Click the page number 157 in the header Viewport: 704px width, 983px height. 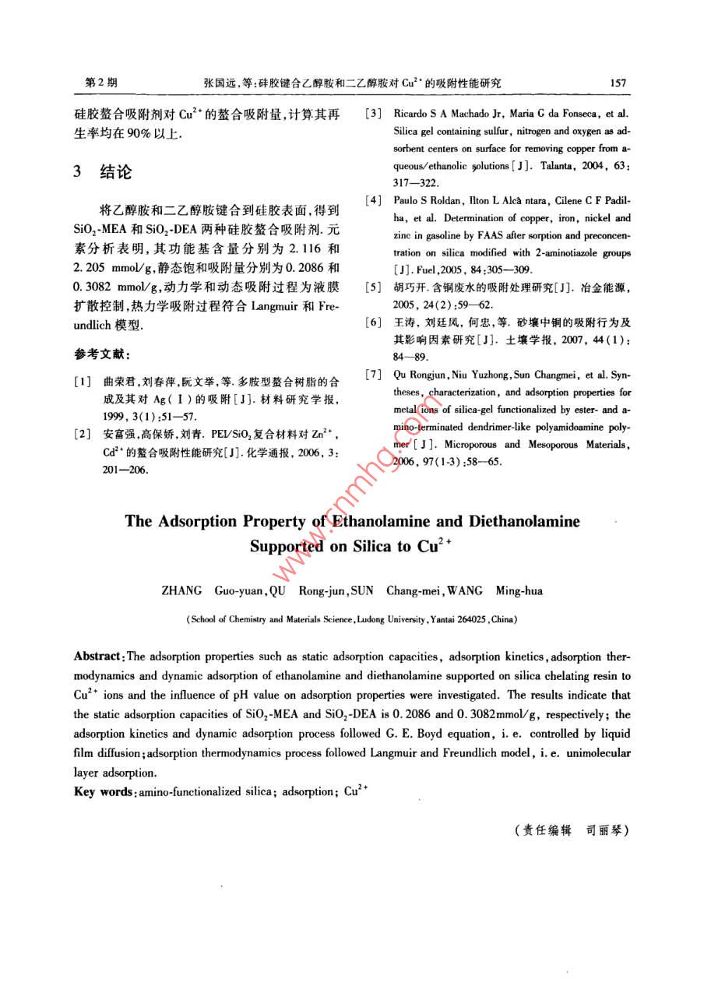click(x=619, y=83)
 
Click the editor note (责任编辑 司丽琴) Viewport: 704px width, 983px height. click(x=571, y=830)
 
